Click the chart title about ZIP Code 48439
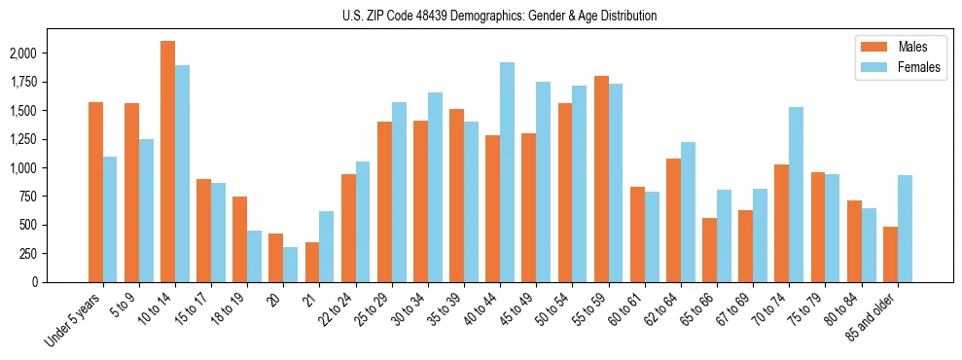[x=499, y=16]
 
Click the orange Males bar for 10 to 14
[x=167, y=162]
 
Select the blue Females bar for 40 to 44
[x=507, y=172]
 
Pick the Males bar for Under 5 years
[x=95, y=192]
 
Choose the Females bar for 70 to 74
[x=796, y=195]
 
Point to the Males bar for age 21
[x=312, y=262]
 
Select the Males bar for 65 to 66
[x=709, y=250]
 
